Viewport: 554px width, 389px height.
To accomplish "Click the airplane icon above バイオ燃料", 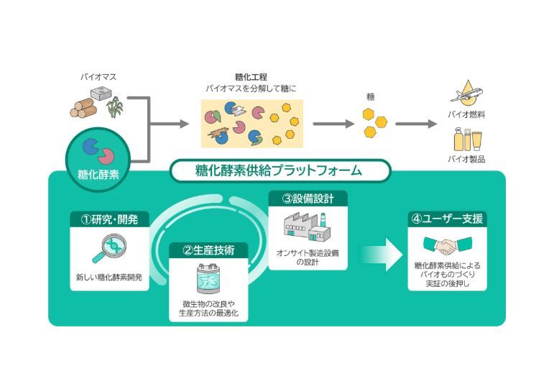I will click(x=465, y=94).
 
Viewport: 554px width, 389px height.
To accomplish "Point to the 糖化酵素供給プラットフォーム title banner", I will click(x=280, y=171).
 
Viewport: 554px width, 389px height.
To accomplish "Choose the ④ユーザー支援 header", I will click(x=446, y=219).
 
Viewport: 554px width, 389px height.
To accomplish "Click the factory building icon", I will click(x=307, y=224).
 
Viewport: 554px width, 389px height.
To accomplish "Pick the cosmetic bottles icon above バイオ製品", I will click(x=467, y=138).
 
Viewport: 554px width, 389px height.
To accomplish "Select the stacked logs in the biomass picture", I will click(x=84, y=109).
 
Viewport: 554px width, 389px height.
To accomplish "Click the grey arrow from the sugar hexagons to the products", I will click(x=416, y=124).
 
